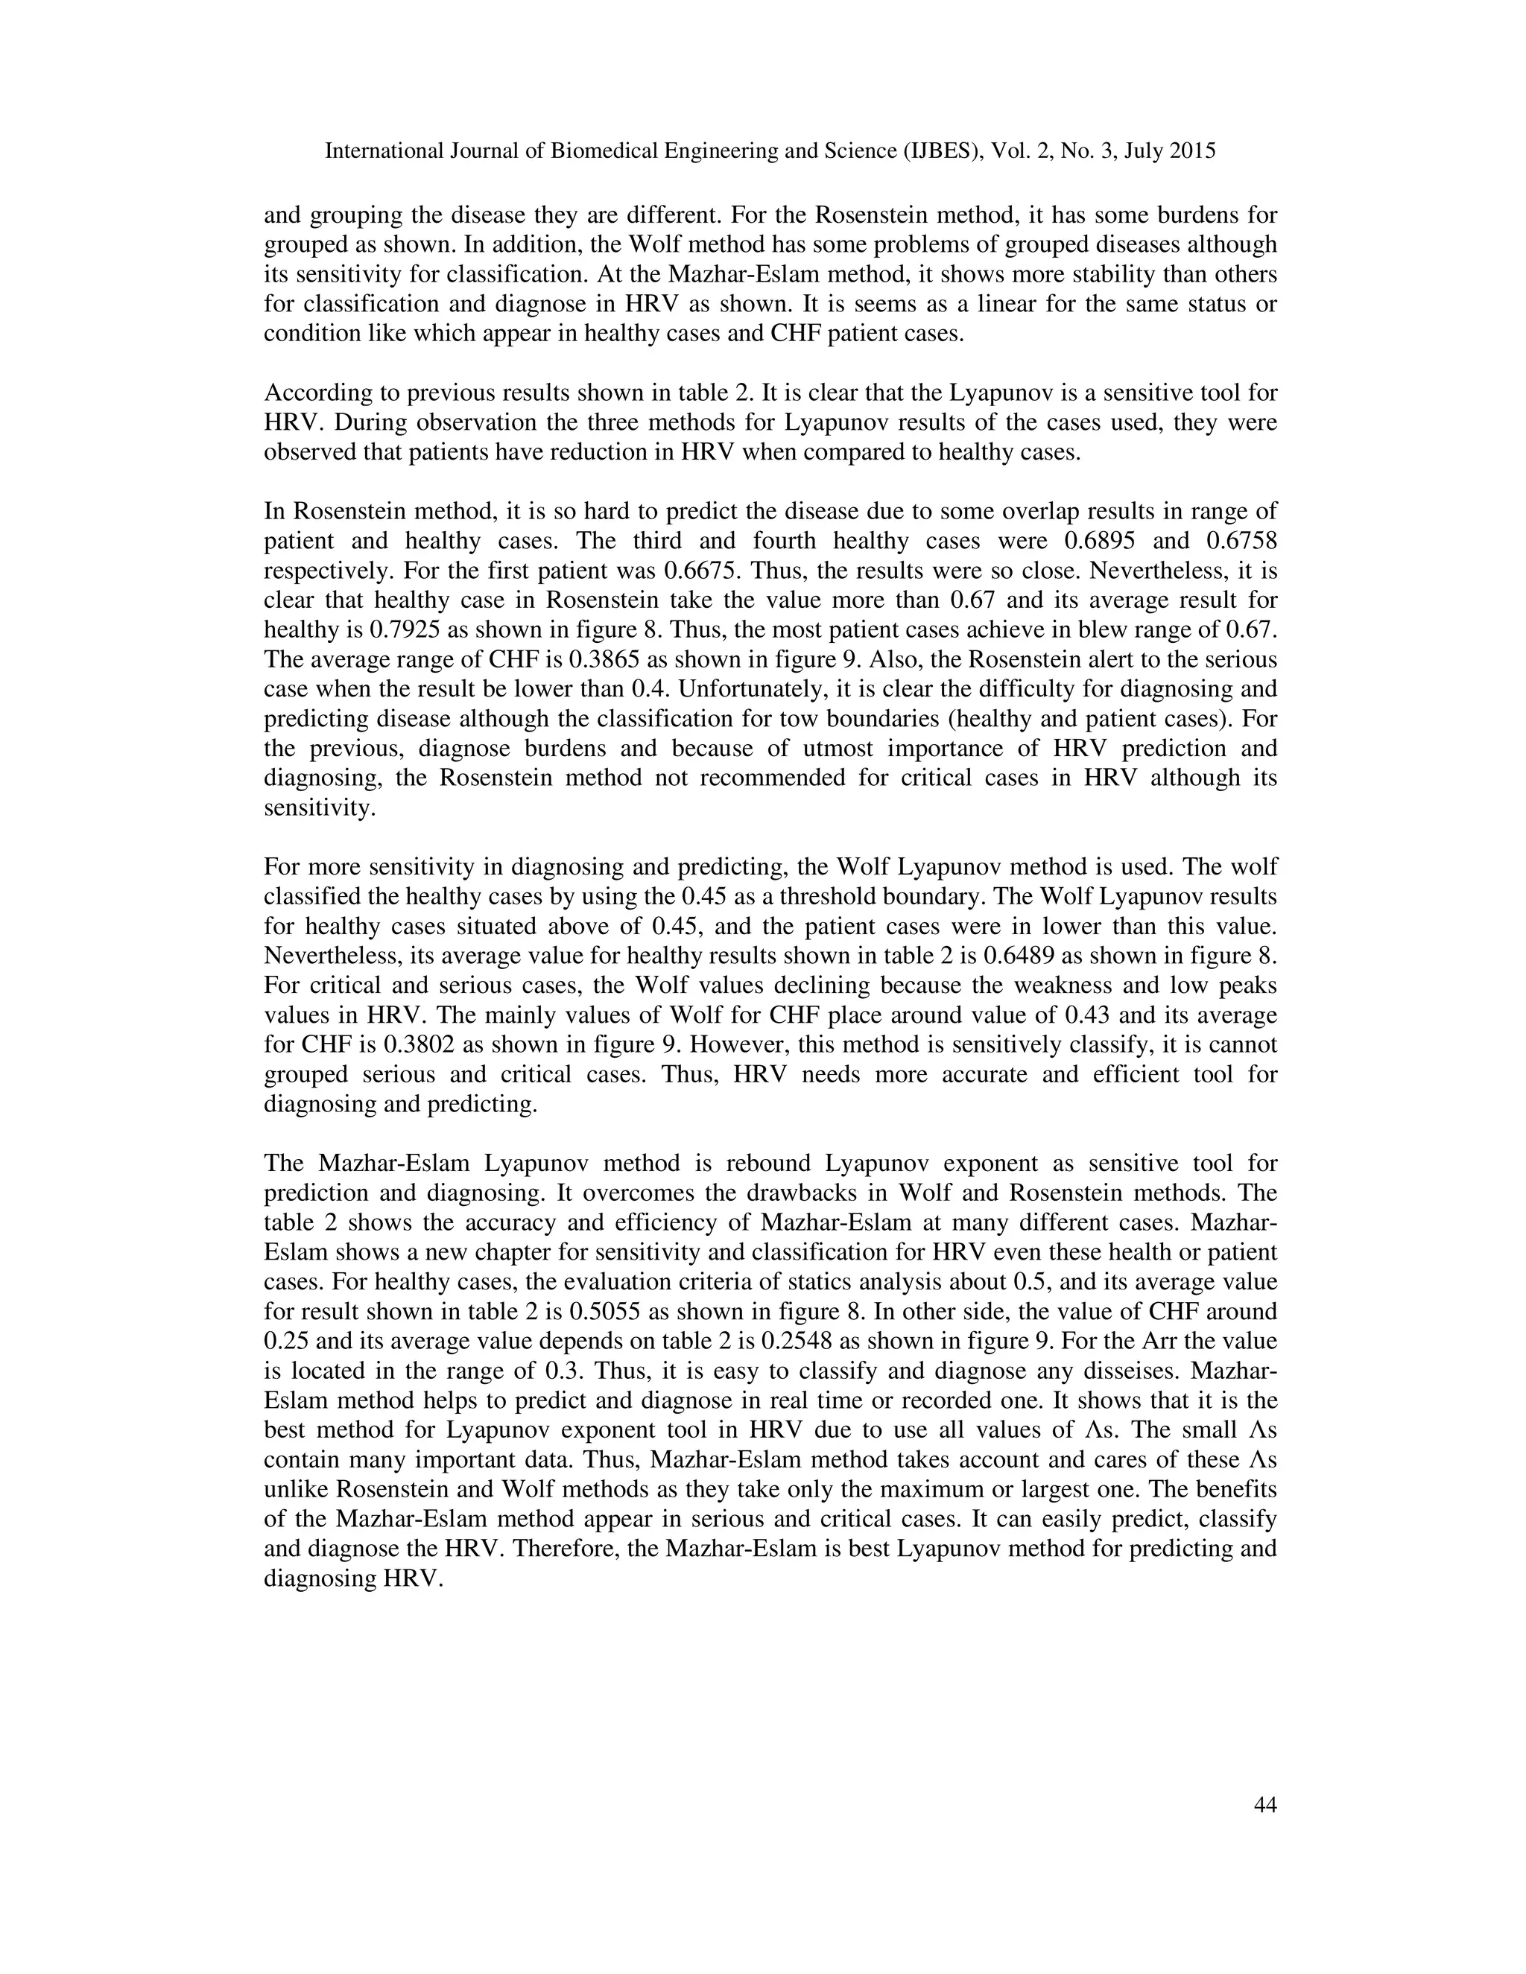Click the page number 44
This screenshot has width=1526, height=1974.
click(1264, 1805)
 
